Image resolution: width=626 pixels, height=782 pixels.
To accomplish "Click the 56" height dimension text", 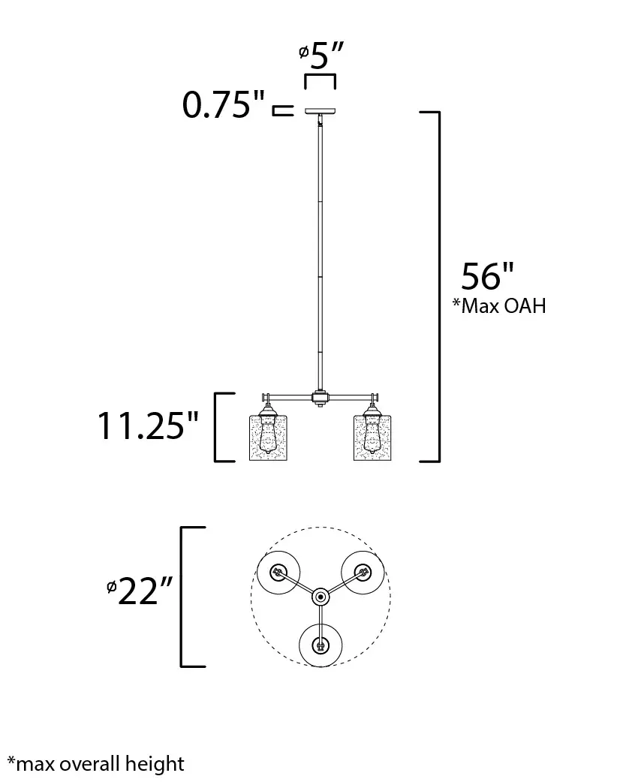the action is pyautogui.click(x=487, y=275).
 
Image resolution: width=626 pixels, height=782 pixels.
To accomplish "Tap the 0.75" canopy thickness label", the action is pyautogui.click(x=223, y=105).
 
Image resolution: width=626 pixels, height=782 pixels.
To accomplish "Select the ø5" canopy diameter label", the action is pyautogui.click(x=322, y=55).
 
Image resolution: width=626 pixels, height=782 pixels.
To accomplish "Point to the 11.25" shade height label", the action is pyautogui.click(x=148, y=426).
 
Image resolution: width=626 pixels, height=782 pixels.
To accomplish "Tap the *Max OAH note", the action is pyautogui.click(x=499, y=305).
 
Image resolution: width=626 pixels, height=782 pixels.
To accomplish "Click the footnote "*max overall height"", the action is pyautogui.click(x=96, y=763).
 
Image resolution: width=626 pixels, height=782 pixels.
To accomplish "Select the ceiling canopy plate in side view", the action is pyautogui.click(x=321, y=111).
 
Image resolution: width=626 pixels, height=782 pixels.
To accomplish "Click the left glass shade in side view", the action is pyautogui.click(x=268, y=438).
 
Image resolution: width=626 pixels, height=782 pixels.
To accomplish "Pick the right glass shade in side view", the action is pyautogui.click(x=372, y=438).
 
